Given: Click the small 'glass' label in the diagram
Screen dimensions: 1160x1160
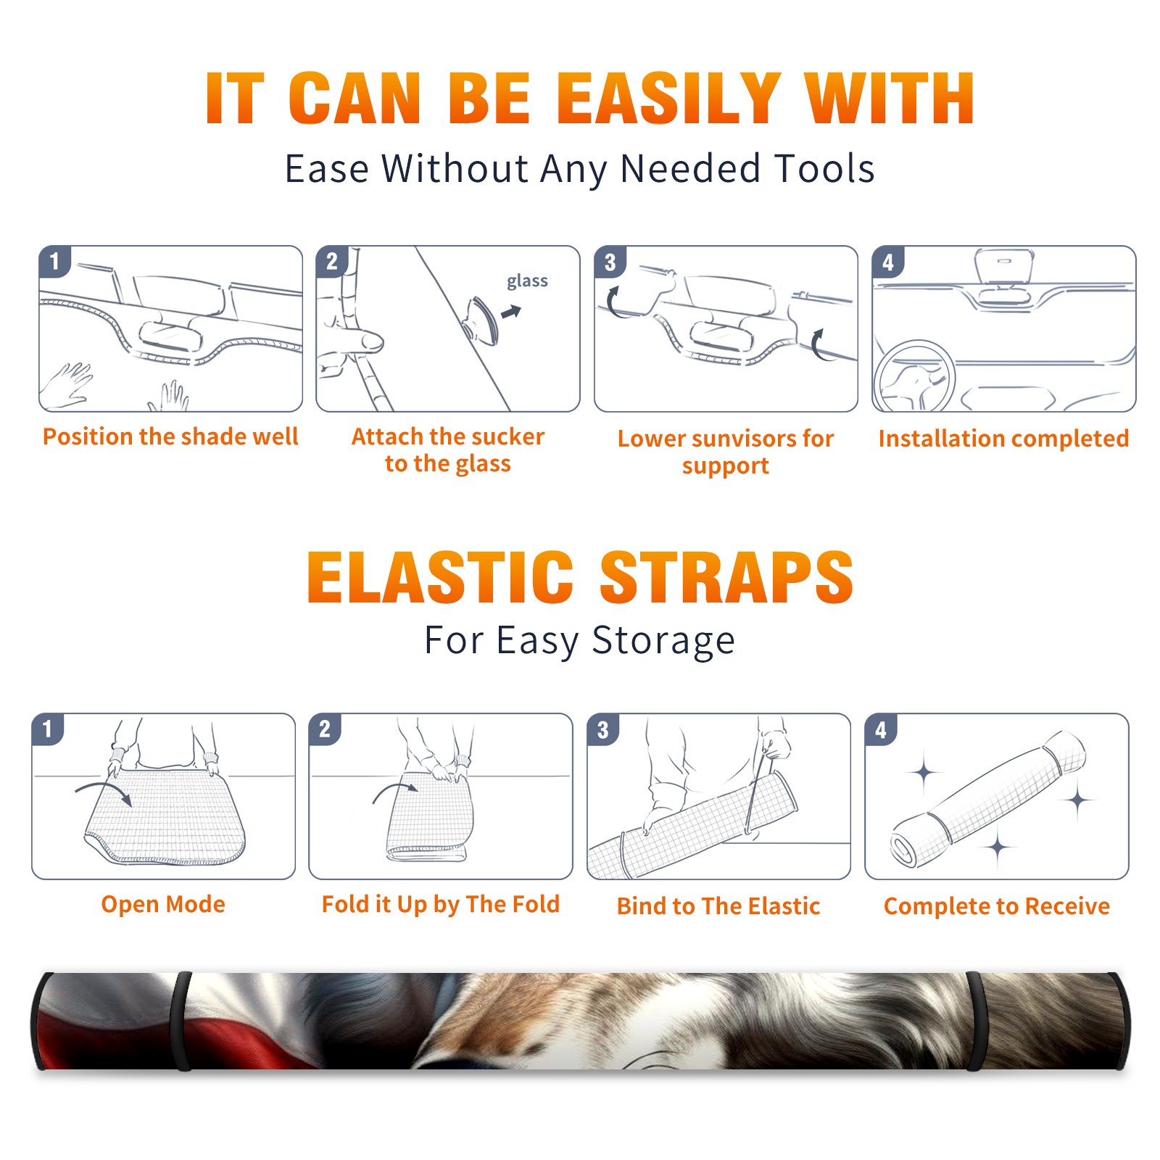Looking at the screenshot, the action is [x=527, y=281].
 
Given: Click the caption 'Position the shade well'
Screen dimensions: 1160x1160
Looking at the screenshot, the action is [x=170, y=436].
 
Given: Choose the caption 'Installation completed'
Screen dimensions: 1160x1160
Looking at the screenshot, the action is [x=1003, y=438].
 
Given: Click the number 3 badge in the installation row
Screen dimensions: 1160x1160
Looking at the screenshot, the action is [x=610, y=262].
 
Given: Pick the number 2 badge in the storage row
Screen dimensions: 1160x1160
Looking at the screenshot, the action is [x=325, y=729].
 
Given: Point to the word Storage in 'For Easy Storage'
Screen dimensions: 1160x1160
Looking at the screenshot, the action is [x=663, y=641].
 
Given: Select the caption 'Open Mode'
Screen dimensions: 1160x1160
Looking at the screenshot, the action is [x=163, y=904].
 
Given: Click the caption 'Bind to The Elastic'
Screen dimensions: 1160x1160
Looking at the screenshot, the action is [x=718, y=906].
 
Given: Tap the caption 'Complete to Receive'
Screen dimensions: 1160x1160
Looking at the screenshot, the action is [x=997, y=906].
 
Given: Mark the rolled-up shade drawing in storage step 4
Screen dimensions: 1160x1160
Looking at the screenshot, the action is [x=989, y=799].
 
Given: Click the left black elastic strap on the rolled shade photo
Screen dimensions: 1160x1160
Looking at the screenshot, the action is [x=182, y=1021].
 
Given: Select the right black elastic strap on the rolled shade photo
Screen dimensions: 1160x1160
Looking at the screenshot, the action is [x=975, y=1021].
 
